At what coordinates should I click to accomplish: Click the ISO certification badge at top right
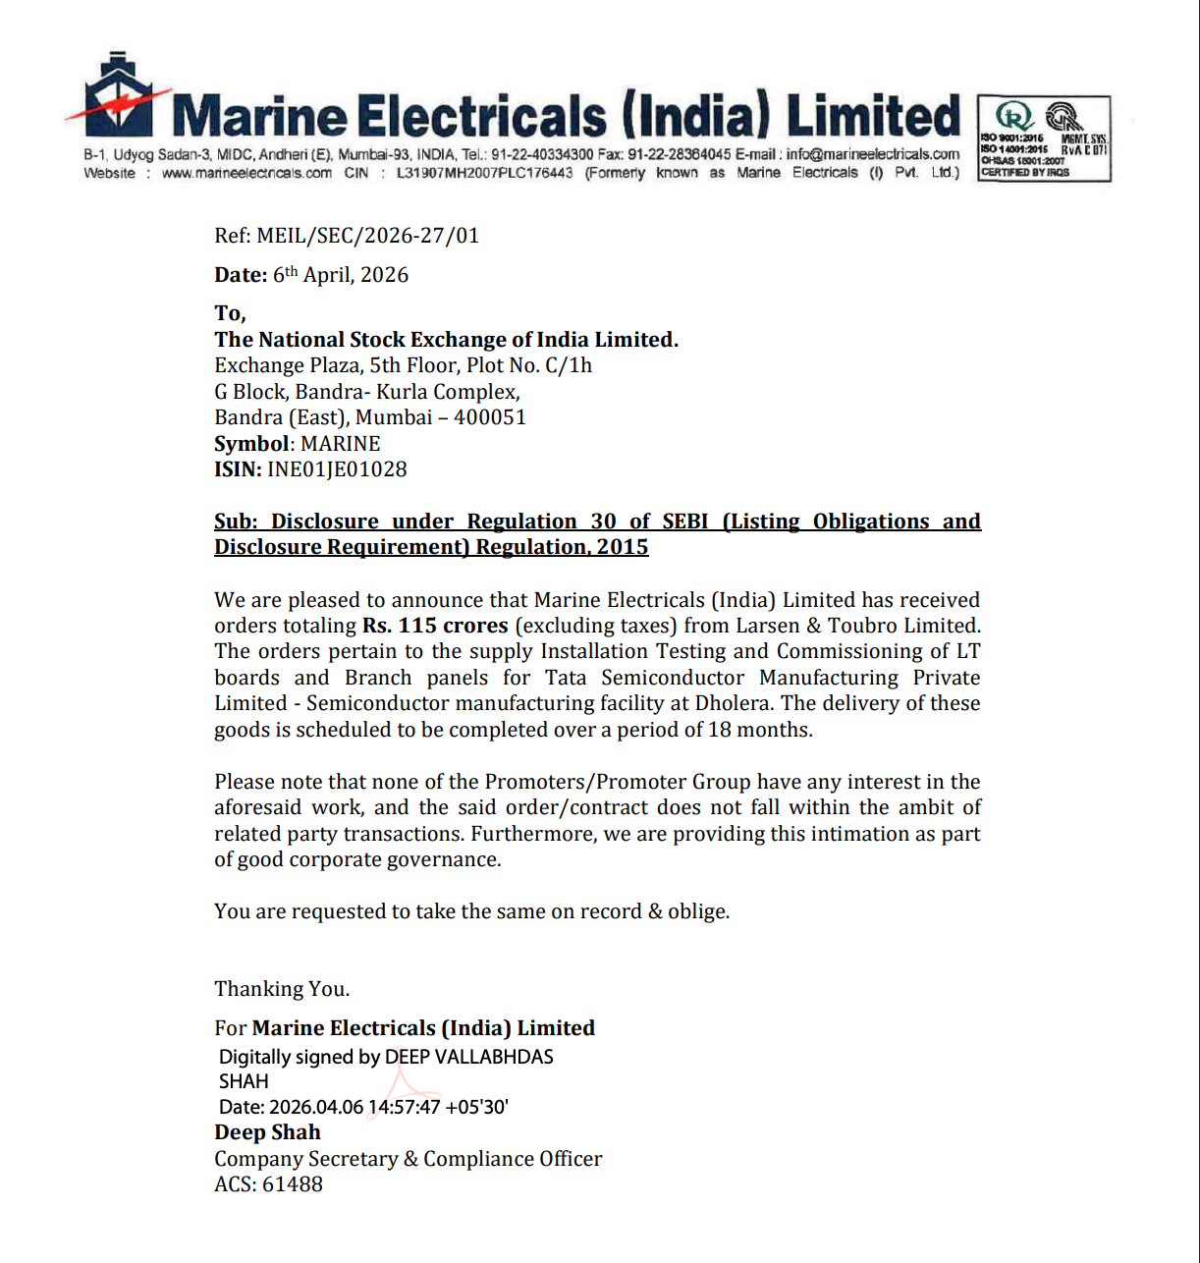[x=1044, y=138]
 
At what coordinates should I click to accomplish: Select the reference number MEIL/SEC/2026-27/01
[x=367, y=236]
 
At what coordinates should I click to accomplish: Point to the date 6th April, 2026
[x=341, y=275]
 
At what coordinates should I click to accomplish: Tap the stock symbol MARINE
[x=340, y=444]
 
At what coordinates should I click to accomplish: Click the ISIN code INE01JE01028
[x=337, y=469]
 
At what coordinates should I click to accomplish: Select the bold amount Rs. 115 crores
[x=435, y=626]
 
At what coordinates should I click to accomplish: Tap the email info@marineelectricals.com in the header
[x=872, y=154]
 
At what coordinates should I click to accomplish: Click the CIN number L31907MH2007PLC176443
[x=484, y=173]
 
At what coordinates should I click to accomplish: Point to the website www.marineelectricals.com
[x=246, y=173]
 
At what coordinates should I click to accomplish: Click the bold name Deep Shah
[x=267, y=1132]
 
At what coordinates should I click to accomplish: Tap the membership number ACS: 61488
[x=268, y=1184]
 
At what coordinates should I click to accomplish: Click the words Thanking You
[x=282, y=989]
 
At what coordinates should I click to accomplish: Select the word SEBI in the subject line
[x=685, y=522]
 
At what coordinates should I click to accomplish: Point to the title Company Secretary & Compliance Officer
[x=408, y=1159]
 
